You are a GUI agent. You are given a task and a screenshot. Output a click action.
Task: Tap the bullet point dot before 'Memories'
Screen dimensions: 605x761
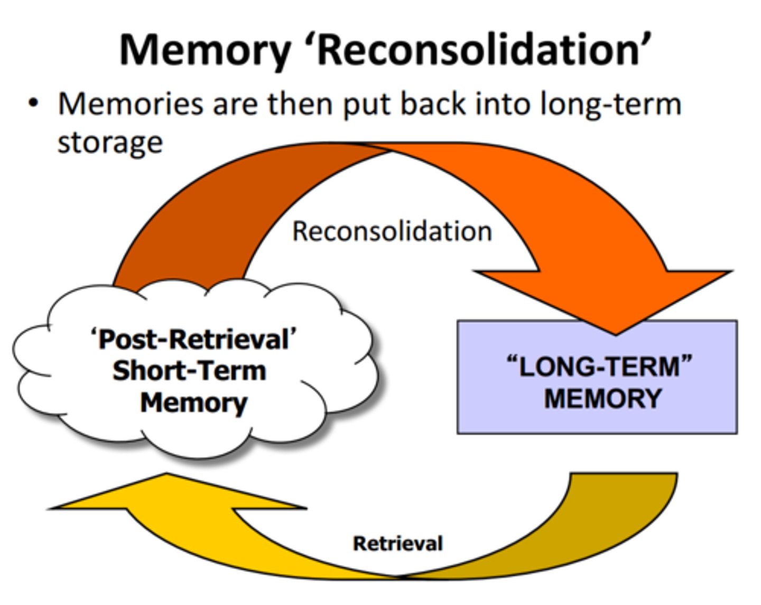tap(34, 103)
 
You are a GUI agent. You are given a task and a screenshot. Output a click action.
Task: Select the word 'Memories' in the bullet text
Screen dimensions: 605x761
tap(130, 103)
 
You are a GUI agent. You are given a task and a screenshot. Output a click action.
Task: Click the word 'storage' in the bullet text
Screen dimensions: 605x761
tap(110, 142)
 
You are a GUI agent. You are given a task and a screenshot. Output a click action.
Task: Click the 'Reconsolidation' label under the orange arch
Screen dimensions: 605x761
tap(392, 231)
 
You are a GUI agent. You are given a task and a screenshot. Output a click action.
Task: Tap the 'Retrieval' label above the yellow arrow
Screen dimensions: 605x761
tap(397, 543)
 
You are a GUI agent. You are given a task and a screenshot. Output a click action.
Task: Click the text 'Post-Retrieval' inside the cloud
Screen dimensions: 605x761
tap(193, 339)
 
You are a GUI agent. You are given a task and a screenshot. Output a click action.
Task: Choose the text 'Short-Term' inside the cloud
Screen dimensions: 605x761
tap(189, 371)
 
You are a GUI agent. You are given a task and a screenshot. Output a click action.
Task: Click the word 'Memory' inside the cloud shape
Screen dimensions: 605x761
tap(193, 403)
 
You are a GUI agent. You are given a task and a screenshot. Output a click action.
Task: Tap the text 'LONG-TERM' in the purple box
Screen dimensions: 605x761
tap(599, 366)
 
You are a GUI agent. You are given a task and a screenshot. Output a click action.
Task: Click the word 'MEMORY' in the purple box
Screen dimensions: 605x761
tap(602, 398)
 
